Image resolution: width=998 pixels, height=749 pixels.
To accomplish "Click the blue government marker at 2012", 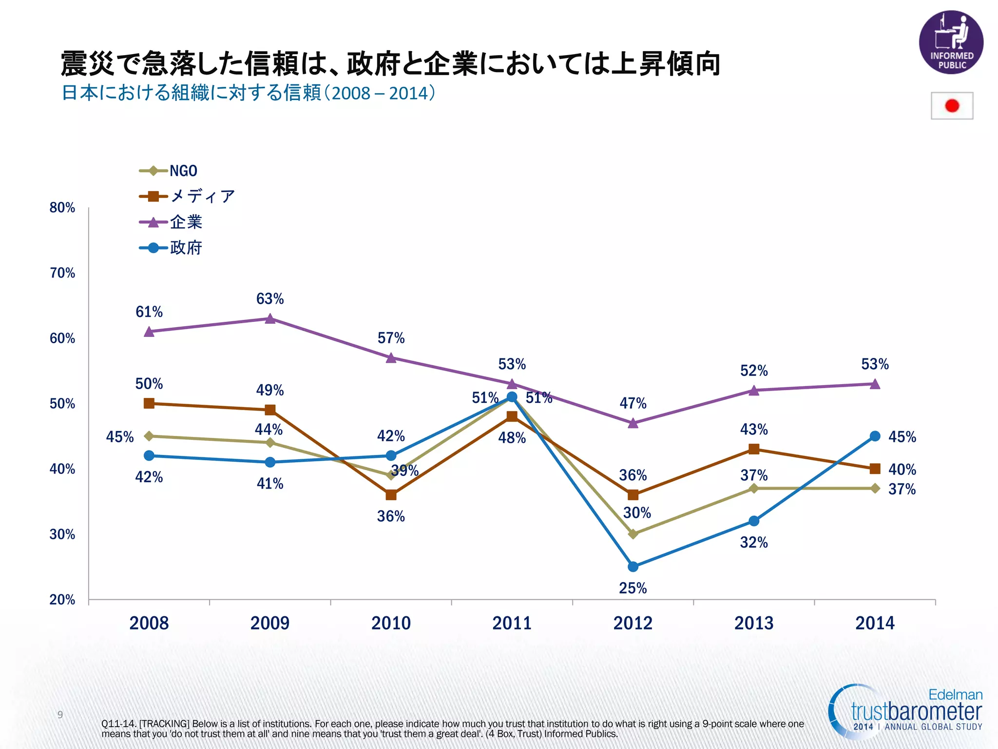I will click(x=633, y=567).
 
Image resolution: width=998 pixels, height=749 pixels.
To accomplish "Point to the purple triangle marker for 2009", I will click(x=270, y=319).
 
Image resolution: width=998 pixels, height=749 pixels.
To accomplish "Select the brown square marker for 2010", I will click(x=391, y=495).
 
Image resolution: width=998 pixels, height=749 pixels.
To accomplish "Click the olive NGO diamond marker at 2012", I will click(x=633, y=534).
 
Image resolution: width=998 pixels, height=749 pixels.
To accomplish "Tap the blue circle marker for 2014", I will click(x=875, y=436).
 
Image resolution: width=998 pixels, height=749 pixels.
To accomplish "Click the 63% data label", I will click(x=270, y=298).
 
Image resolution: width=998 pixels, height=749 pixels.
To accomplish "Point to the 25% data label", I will click(x=633, y=588).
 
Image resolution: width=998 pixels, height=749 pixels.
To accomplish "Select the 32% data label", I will click(x=754, y=542).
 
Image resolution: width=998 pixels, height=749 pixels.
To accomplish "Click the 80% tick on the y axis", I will click(x=62, y=208).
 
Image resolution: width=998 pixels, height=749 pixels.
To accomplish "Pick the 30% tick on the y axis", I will click(x=62, y=534).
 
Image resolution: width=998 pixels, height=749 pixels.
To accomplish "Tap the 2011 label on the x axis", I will click(x=512, y=623).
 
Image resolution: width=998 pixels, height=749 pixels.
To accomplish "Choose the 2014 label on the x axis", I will click(x=875, y=623).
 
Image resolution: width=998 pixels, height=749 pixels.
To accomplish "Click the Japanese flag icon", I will click(x=952, y=106).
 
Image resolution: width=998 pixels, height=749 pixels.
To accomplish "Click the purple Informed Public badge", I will click(x=951, y=42).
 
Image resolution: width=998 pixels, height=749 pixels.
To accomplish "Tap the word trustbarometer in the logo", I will click(x=916, y=711).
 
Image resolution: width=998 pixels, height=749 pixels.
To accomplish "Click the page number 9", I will click(x=60, y=715).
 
